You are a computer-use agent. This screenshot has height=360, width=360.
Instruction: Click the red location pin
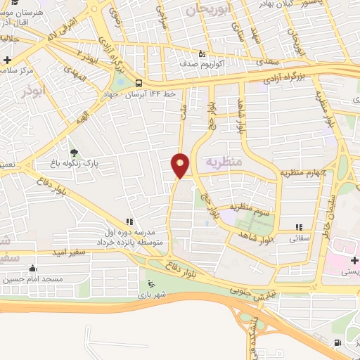(x=181, y=165)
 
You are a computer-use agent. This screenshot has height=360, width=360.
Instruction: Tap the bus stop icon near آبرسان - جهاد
(x=139, y=82)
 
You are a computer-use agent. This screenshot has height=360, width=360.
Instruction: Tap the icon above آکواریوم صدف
(x=201, y=53)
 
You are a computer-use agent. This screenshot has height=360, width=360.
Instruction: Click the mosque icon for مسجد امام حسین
(x=32, y=268)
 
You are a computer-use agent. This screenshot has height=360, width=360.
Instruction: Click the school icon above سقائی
(x=300, y=227)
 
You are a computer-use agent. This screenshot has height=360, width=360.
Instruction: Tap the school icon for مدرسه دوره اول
(x=129, y=221)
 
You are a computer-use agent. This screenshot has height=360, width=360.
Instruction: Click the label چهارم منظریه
(x=300, y=172)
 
